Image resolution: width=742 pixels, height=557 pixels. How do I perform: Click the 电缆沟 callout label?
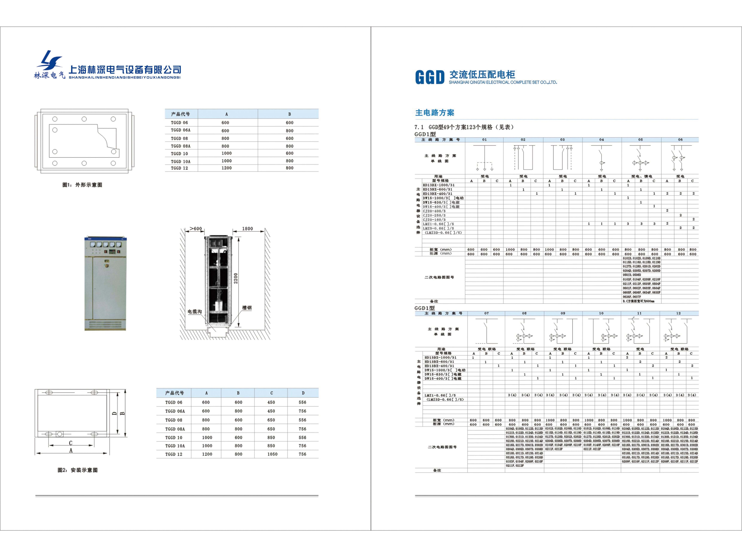tap(195, 312)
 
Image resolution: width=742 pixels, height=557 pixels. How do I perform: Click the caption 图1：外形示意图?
tap(82, 185)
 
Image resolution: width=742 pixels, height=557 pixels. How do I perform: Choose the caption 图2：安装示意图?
tap(78, 470)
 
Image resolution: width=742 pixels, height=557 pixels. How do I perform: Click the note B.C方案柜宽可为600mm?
tap(638, 301)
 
